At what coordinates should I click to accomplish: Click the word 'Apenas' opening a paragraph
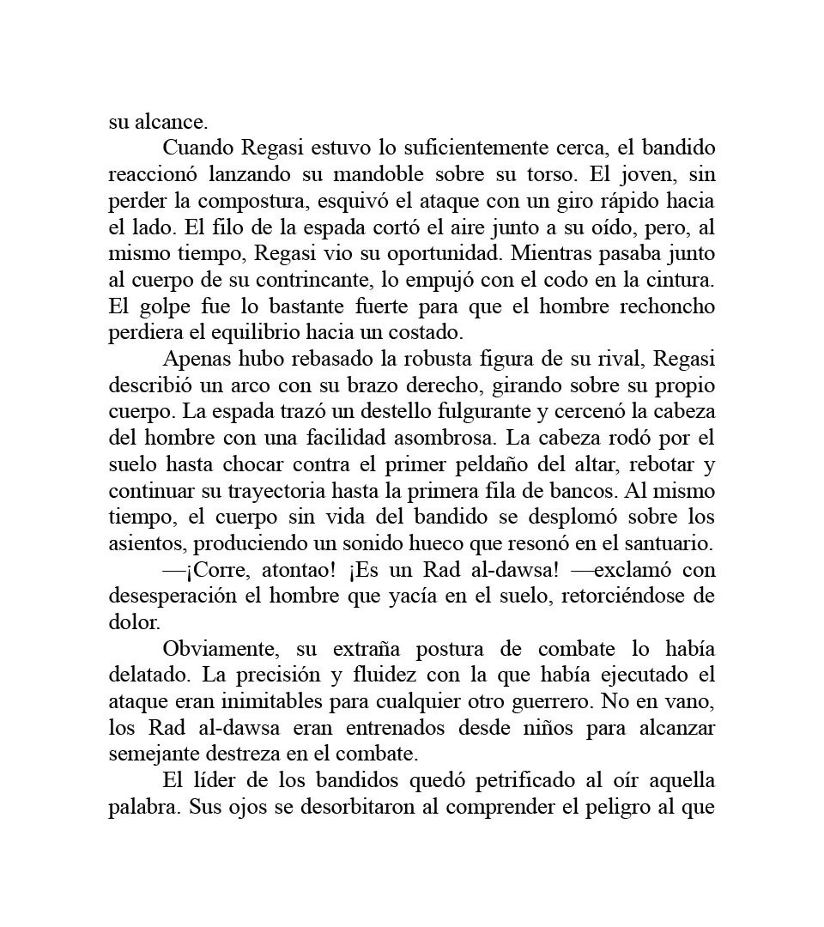[x=194, y=359]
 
